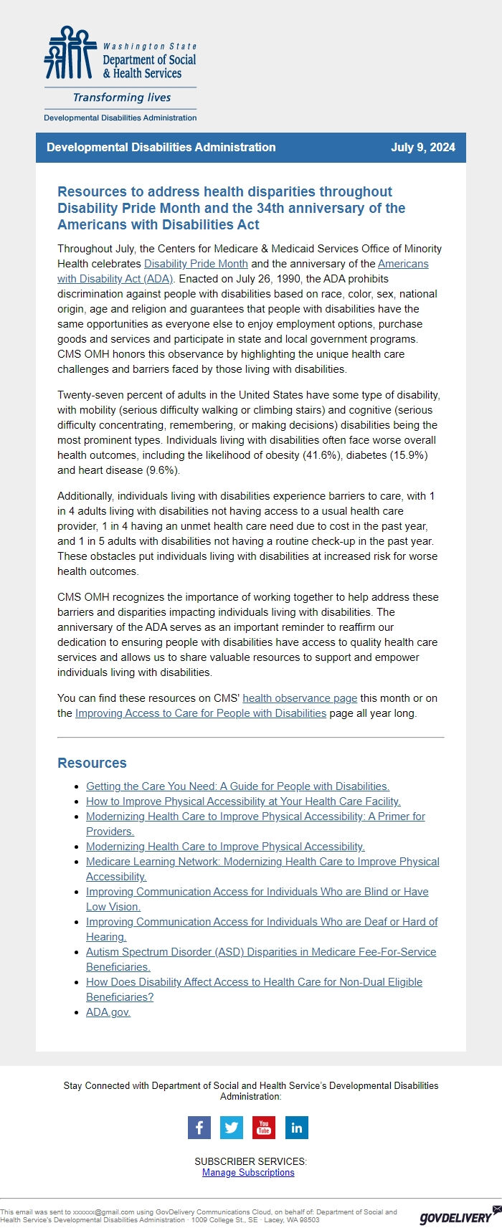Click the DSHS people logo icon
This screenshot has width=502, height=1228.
[x=70, y=54]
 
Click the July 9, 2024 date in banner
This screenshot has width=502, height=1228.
[x=422, y=148]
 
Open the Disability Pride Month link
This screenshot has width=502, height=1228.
[x=196, y=264]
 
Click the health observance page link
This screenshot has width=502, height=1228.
[x=300, y=698]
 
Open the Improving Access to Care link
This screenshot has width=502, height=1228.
[x=201, y=713]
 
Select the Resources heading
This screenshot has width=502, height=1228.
[x=92, y=763]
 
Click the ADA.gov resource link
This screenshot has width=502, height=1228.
[x=108, y=1012]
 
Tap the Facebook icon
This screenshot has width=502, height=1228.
[x=199, y=1128]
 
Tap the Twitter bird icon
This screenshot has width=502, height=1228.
[x=232, y=1128]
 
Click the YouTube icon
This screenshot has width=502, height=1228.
[x=264, y=1128]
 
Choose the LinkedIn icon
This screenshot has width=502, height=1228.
[x=296, y=1128]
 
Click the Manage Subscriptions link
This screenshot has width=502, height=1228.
[x=248, y=1173]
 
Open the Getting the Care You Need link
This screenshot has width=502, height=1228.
[x=237, y=786]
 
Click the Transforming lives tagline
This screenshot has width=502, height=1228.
[x=122, y=97]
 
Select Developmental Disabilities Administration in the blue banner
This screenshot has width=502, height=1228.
[x=161, y=148]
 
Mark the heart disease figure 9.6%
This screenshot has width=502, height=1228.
[x=163, y=470]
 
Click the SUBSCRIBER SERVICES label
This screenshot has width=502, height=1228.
[x=250, y=1161]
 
